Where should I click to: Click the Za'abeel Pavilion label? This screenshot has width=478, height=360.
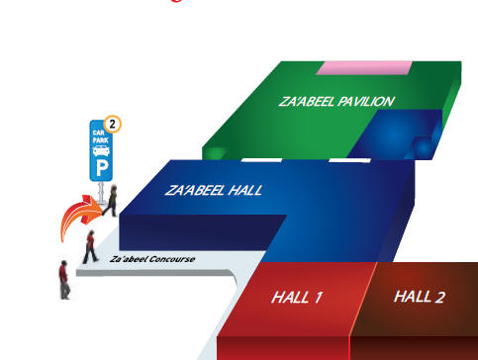click(336, 102)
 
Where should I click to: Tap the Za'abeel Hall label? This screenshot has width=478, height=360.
click(214, 190)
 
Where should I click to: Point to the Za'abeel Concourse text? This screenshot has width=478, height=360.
click(152, 259)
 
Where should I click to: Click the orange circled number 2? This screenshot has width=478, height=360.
click(113, 125)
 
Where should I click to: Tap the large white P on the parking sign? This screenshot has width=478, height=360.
click(100, 166)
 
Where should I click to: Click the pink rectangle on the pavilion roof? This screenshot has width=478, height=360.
click(364, 67)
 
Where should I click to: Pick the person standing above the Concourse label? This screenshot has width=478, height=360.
click(90, 246)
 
